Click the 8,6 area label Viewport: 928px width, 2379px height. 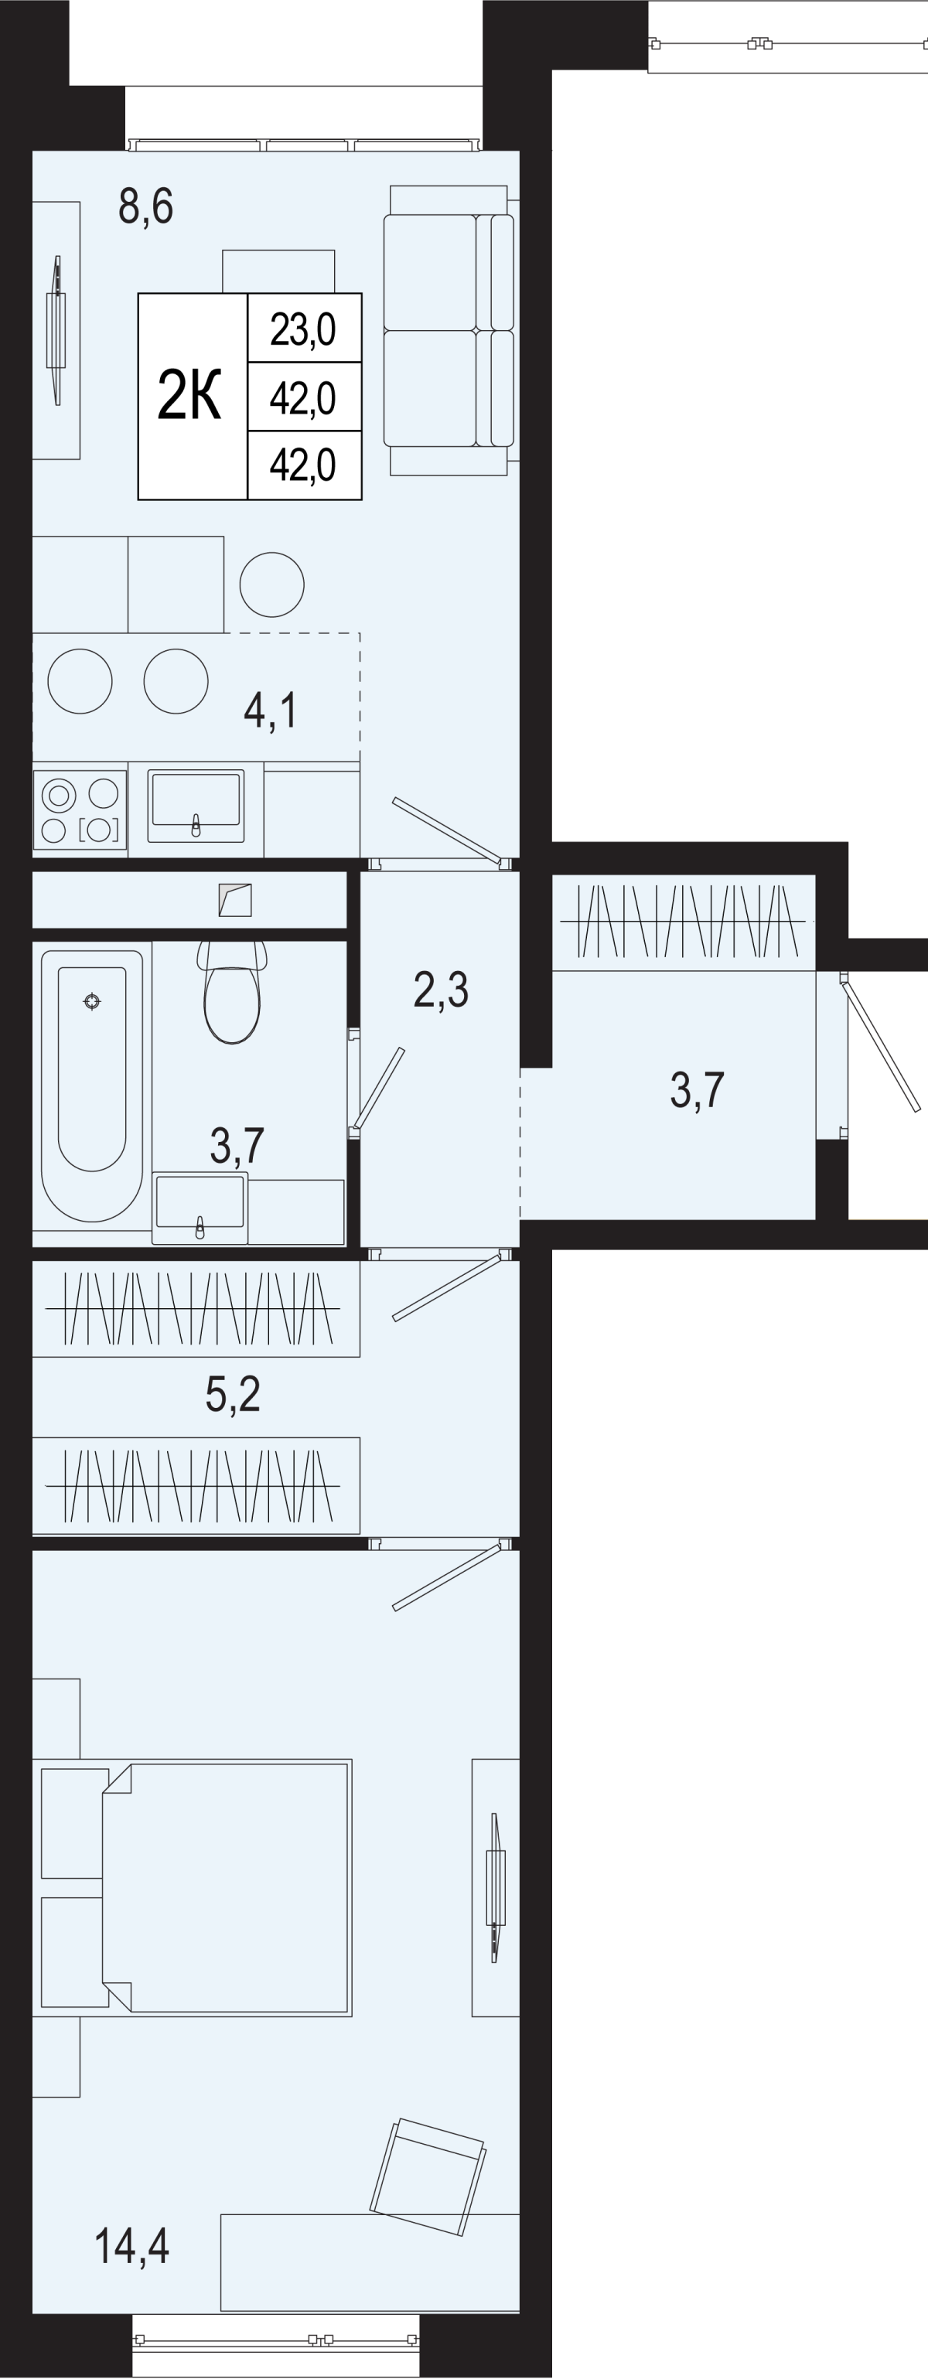point(146,206)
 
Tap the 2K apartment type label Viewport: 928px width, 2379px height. point(190,395)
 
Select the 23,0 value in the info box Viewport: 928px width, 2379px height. point(303,329)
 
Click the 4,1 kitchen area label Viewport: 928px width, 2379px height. point(270,711)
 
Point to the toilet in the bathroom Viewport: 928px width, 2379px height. point(232,992)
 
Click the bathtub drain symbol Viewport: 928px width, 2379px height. point(91,1001)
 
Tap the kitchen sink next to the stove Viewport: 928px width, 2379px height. point(196,806)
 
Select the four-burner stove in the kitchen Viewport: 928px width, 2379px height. point(80,809)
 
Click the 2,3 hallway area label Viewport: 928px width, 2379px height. point(441,990)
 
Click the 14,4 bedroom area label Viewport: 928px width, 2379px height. point(132,2246)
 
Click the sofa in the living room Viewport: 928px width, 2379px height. point(449,331)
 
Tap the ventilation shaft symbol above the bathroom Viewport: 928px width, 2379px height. point(235,899)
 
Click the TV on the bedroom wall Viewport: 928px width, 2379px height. point(496,1888)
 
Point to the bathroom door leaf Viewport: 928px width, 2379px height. point(379,1088)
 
